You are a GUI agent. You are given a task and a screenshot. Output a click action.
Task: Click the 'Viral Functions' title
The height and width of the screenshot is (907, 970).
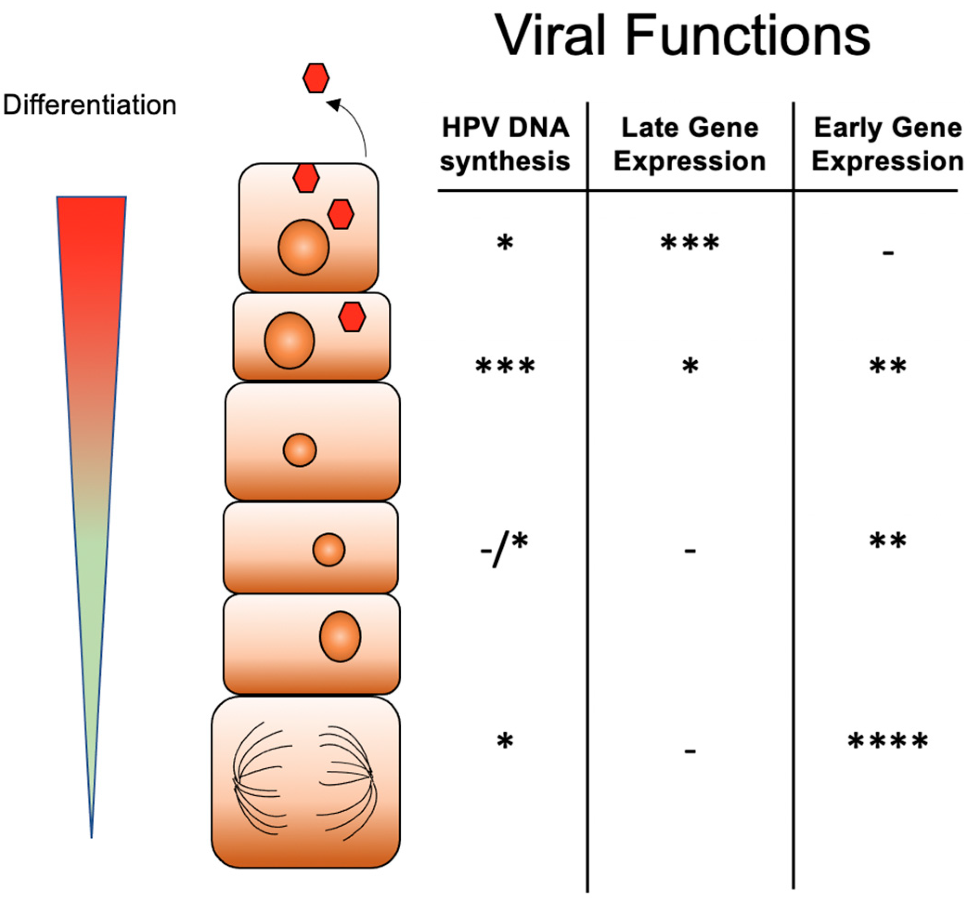point(682,35)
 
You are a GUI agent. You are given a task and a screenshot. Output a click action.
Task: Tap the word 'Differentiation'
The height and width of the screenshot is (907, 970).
point(89,105)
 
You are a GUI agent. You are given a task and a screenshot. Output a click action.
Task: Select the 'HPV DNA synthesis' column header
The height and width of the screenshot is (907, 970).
point(505,144)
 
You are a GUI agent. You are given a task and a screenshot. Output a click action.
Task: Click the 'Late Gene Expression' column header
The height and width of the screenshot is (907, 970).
point(689,144)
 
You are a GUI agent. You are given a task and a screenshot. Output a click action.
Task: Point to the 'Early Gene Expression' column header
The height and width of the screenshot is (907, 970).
point(887,144)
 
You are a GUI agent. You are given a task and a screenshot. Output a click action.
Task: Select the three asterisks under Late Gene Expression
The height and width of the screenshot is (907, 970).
point(689,243)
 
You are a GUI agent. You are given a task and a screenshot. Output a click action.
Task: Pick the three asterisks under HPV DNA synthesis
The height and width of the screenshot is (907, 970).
point(505,366)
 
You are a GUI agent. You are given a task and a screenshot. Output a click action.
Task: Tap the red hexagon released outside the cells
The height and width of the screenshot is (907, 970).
point(316,78)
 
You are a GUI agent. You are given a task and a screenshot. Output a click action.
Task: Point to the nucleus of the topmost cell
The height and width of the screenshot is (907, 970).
point(303,247)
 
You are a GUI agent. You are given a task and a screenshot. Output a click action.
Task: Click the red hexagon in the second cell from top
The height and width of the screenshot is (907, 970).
point(352,317)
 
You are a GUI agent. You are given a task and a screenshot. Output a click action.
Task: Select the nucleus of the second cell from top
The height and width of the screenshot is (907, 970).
point(289,340)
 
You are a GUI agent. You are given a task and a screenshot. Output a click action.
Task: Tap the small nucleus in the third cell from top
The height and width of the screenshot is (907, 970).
point(300,450)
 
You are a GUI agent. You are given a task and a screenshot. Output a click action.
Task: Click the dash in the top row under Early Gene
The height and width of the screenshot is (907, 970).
point(887,253)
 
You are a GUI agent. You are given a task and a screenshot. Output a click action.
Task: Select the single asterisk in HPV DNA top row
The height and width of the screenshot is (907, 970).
point(505,243)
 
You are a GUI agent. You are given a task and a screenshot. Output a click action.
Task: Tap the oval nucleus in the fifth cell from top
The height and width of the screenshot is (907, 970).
point(340,636)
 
